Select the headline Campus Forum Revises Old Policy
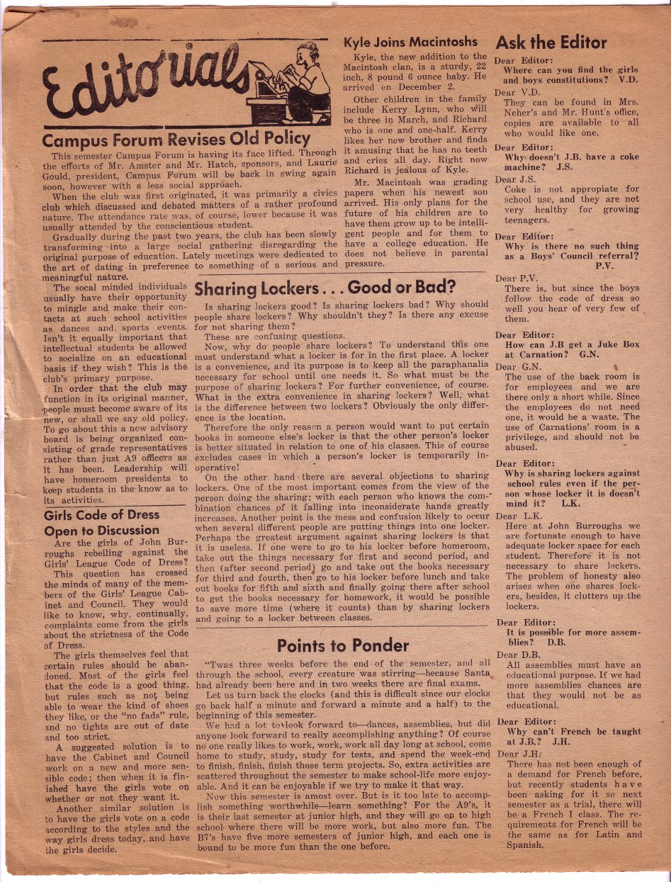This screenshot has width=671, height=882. (x=176, y=140)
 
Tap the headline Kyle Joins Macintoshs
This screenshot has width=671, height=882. (x=410, y=42)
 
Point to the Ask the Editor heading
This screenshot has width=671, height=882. (x=551, y=43)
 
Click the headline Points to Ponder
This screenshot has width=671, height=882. (x=343, y=646)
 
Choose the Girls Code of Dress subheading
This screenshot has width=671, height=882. (x=101, y=515)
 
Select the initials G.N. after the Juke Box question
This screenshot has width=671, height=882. (x=587, y=355)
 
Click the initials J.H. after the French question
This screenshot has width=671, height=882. (x=561, y=742)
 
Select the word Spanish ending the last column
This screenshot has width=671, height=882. (x=525, y=845)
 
